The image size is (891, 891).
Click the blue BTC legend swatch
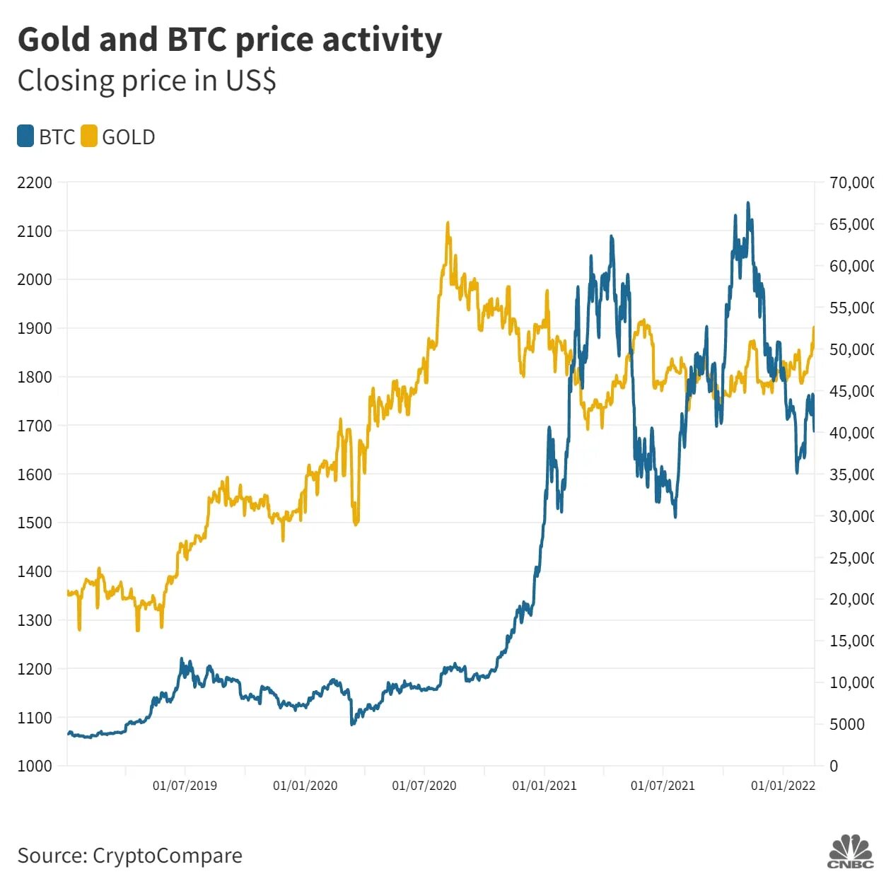point(25,136)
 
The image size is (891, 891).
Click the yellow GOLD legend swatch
point(89,136)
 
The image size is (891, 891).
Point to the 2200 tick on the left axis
point(35,182)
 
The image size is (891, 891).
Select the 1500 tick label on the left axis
point(35,523)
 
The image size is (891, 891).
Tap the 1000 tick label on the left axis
point(35,766)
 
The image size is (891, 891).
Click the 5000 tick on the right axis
point(846,724)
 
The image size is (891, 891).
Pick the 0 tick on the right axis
point(834,766)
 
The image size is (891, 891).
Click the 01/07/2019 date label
point(185,786)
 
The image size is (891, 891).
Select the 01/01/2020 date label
point(305,786)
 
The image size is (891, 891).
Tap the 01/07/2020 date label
point(424,786)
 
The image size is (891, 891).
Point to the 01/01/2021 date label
point(544,786)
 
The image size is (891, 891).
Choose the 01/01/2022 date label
point(783,786)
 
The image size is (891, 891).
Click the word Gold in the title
point(54,40)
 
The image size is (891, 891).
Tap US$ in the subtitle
point(251,81)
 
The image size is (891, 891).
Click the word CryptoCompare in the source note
point(167,856)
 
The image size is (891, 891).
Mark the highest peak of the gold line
point(448,223)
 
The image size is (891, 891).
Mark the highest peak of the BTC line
point(748,204)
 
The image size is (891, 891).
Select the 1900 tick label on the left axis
point(35,328)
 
